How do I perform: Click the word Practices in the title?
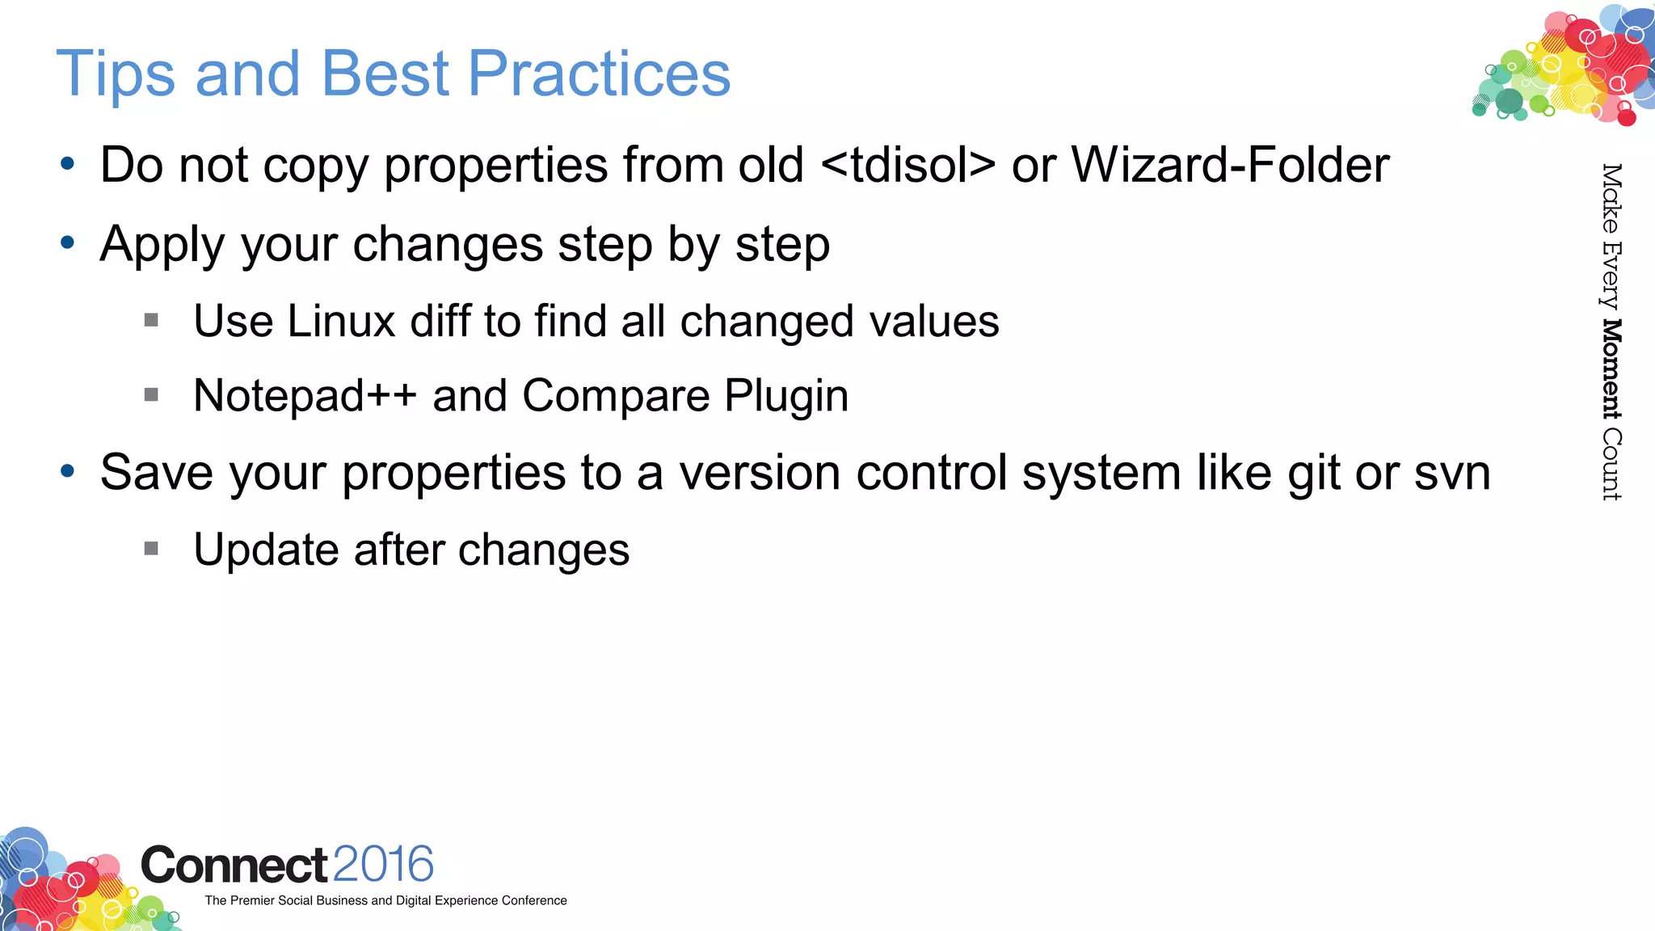click(x=599, y=74)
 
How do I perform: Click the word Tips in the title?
click(x=115, y=74)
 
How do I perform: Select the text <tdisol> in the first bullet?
click(x=908, y=165)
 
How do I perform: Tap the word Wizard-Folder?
click(x=1230, y=165)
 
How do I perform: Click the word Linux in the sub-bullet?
click(x=341, y=322)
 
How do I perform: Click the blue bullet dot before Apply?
click(x=68, y=242)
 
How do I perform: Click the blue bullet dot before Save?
click(x=68, y=471)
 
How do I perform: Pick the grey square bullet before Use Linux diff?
click(x=151, y=321)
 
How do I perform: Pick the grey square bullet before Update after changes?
click(x=151, y=549)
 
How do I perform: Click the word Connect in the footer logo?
click(x=234, y=866)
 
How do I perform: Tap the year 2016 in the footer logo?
click(x=383, y=865)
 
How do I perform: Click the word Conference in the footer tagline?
click(x=534, y=900)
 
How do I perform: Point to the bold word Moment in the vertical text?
click(x=1611, y=369)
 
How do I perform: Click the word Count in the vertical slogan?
click(x=1611, y=465)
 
